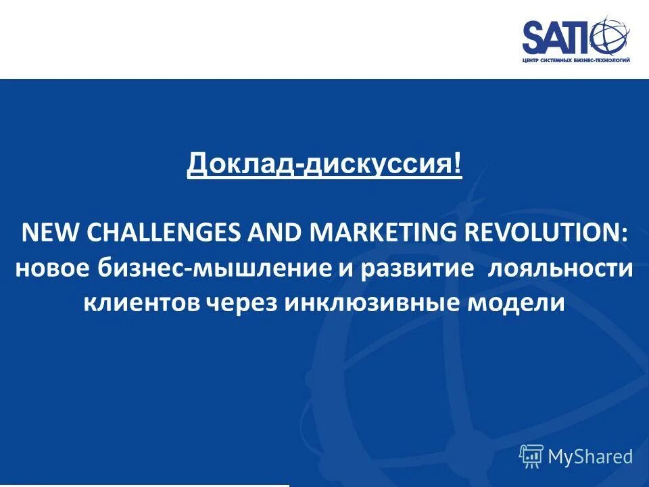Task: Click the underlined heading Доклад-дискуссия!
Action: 324,164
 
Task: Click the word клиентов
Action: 141,302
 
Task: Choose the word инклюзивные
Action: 371,302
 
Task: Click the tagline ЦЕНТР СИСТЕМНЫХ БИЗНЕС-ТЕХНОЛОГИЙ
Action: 575,60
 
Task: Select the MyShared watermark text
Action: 590,457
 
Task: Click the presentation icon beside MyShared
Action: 531,457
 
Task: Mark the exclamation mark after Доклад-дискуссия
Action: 458,164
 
